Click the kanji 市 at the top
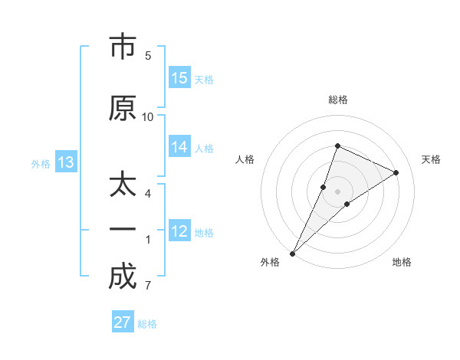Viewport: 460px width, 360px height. coord(122,47)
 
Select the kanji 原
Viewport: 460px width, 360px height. coord(122,108)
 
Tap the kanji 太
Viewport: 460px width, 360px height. coord(122,186)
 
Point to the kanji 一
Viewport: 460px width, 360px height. coord(122,231)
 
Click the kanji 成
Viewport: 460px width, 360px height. coord(122,277)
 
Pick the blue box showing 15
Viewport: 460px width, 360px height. coord(179,78)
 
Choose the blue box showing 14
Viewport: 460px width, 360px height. coord(179,147)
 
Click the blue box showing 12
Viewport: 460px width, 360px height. coord(179,231)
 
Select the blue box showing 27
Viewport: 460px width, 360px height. coord(123,322)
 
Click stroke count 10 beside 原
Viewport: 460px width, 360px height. coord(148,116)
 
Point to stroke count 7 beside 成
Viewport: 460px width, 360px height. coord(148,286)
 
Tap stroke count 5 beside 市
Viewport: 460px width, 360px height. coord(148,55)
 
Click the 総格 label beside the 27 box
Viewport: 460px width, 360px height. coord(147,324)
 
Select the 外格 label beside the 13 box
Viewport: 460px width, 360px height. coord(41,163)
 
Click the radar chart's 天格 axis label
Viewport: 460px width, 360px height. coord(432,159)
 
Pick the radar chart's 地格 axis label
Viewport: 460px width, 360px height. coord(402,262)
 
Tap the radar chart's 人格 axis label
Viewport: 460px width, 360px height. coord(245,159)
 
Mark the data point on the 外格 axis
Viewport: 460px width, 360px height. coord(293,253)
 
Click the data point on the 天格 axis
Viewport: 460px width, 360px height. coord(396,172)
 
